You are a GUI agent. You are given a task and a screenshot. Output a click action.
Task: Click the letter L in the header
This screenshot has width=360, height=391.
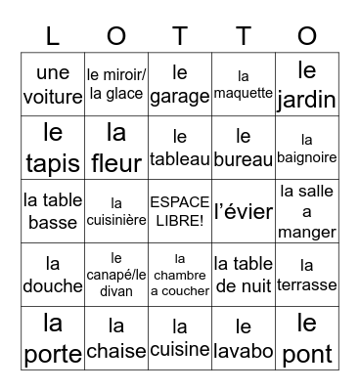click(x=53, y=35)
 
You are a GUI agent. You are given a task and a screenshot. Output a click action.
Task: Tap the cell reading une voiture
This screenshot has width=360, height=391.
click(x=53, y=84)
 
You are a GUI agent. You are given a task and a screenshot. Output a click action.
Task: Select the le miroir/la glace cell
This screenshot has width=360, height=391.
click(x=116, y=84)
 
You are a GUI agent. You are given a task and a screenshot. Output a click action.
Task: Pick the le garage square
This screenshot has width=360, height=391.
click(x=180, y=84)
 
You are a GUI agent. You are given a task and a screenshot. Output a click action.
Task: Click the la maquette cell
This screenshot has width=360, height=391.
click(x=244, y=84)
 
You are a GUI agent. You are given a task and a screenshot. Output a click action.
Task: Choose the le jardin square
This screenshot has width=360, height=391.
click(x=307, y=84)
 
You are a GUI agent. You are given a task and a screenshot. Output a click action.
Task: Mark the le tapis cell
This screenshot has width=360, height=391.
click(x=53, y=148)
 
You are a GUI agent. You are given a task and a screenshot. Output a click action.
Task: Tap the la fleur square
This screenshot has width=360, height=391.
click(x=116, y=148)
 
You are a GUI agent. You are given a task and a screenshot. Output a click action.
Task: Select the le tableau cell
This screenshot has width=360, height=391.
click(x=180, y=148)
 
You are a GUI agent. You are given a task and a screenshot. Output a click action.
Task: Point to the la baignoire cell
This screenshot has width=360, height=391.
click(x=307, y=148)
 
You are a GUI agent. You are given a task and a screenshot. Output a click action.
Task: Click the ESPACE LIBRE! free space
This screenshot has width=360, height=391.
click(x=180, y=211)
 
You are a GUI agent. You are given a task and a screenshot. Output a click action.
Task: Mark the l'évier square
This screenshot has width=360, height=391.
click(x=244, y=211)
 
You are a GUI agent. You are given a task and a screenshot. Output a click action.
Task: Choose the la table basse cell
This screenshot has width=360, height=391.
click(x=53, y=211)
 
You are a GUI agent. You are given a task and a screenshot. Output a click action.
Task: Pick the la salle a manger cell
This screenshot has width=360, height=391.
click(x=307, y=211)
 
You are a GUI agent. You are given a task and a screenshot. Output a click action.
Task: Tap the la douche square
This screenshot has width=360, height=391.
click(x=53, y=275)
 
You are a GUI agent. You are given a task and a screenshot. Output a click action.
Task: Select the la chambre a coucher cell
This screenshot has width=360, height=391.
click(x=180, y=275)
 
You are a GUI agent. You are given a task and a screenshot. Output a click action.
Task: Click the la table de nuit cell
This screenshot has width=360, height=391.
click(x=244, y=275)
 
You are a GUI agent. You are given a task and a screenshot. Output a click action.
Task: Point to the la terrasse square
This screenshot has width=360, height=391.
click(x=307, y=275)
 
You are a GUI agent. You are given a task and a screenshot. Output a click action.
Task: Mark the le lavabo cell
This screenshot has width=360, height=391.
click(x=244, y=338)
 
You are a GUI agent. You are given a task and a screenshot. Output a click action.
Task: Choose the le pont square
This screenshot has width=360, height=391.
click(x=307, y=338)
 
